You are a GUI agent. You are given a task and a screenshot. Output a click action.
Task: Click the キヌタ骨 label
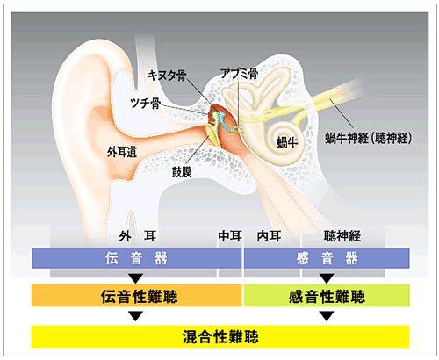click(167, 76)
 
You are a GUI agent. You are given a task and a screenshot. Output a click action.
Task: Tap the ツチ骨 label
click(146, 103)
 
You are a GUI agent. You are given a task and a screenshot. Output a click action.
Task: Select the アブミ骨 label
click(239, 74)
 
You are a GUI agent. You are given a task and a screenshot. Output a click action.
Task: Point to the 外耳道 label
click(122, 152)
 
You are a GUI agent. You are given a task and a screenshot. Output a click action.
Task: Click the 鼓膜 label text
click(182, 172)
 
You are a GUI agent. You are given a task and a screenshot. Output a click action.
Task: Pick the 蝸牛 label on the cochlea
click(287, 142)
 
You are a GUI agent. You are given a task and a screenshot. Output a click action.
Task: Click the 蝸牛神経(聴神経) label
click(369, 138)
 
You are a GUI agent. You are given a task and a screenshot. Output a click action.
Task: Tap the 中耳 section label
click(230, 236)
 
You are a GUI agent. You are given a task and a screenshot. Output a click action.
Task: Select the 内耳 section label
click(270, 236)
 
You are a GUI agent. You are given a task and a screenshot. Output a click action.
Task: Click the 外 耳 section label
click(138, 236)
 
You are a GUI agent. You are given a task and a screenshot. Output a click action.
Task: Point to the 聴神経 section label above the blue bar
click(342, 236)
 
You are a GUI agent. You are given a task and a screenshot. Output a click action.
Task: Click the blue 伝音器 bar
click(137, 258)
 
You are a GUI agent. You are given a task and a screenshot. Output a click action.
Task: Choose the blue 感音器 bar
click(327, 258)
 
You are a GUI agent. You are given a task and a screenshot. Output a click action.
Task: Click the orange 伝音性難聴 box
click(137, 296)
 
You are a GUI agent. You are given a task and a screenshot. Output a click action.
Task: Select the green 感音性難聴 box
click(327, 296)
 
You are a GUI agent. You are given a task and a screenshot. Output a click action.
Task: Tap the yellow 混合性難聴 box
click(220, 336)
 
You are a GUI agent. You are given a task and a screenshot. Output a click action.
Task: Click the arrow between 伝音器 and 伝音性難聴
click(135, 277)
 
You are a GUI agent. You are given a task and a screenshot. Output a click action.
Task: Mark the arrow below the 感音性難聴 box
click(327, 316)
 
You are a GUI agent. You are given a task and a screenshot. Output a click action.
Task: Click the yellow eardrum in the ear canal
click(213, 134)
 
